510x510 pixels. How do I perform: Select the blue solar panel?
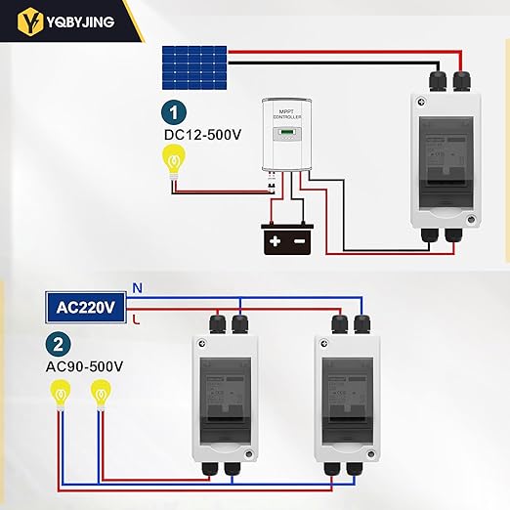[x=195, y=64]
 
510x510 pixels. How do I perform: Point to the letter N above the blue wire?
[x=137, y=288]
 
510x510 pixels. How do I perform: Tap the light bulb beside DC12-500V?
[x=175, y=158]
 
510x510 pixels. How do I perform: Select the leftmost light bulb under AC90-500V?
[x=62, y=396]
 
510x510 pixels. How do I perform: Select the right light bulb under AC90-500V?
[x=99, y=395]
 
